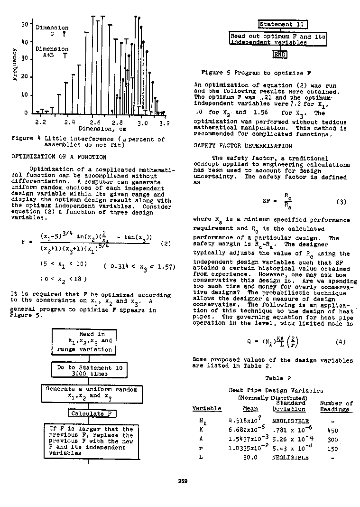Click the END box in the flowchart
(x=280, y=55)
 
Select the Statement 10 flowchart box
(x=283, y=24)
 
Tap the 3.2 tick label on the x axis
(x=164, y=122)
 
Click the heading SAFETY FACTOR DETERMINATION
(x=243, y=146)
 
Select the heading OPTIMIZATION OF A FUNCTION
(x=59, y=157)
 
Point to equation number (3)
(x=341, y=202)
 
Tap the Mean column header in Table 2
(x=250, y=409)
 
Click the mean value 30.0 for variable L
(x=250, y=458)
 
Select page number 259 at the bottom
(x=183, y=481)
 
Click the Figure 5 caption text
(x=256, y=73)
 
